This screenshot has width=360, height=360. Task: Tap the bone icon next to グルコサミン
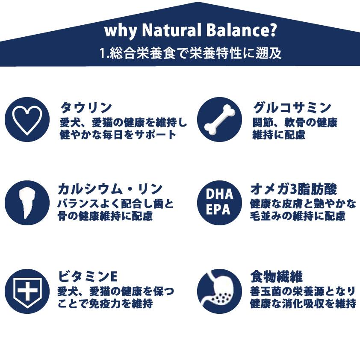tap(219, 119)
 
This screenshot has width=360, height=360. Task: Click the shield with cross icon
tap(27, 291)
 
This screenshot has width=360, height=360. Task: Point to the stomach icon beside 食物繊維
tap(219, 291)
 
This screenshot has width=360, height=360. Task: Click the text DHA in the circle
tap(219, 195)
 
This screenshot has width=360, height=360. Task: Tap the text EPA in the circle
tap(219, 210)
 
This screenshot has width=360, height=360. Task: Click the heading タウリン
tap(86, 107)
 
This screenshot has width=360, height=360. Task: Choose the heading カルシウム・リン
tap(110, 189)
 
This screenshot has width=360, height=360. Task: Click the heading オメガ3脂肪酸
tap(294, 189)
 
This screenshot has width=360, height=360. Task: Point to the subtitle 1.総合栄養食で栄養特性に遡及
tap(190, 54)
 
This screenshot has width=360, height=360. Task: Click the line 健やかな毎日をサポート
tap(118, 134)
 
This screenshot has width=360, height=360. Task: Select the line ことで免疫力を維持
tap(105, 304)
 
